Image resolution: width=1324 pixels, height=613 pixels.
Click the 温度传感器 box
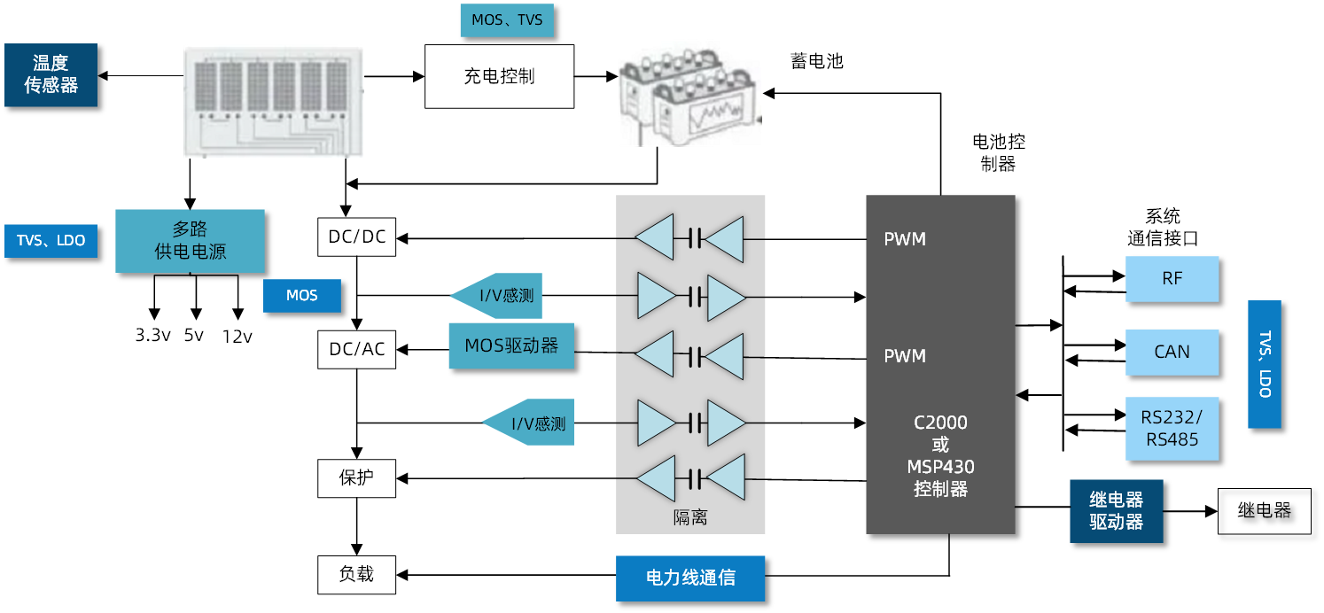click(51, 75)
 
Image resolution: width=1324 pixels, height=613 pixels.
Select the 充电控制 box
click(499, 76)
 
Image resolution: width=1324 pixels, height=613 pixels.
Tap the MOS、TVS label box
click(506, 20)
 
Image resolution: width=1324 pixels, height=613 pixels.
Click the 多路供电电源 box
click(190, 240)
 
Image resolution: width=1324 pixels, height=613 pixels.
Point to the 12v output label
click(238, 337)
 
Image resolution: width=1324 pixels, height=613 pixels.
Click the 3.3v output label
click(152, 337)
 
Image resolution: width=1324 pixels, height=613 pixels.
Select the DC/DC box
click(356, 237)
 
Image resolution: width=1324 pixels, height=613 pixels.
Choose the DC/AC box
click(356, 349)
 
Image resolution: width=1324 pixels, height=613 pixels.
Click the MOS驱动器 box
click(511, 346)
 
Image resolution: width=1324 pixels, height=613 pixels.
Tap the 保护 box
click(356, 478)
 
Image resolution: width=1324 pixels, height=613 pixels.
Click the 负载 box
click(356, 575)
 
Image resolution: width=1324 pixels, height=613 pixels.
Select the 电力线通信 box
click(689, 578)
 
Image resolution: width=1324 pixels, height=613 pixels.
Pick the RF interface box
click(1172, 279)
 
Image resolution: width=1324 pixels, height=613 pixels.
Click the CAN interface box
click(1172, 353)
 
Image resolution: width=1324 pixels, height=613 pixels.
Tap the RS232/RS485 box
click(1172, 429)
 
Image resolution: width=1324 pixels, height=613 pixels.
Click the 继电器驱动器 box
click(1116, 511)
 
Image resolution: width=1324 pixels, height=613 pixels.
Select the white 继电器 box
click(1264, 511)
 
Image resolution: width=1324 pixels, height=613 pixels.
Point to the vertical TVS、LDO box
click(1265, 364)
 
